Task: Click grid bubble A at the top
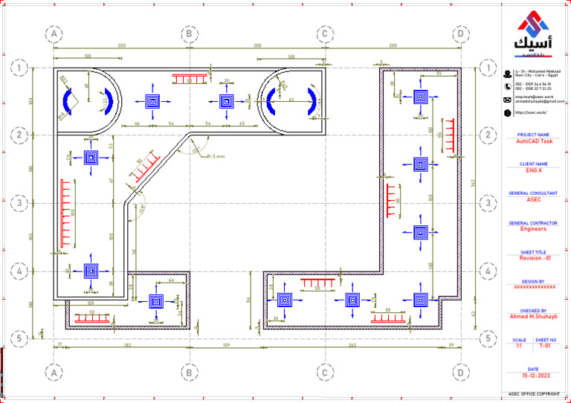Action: [x=53, y=33]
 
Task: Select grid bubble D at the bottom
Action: [x=461, y=371]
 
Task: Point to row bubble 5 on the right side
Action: [x=487, y=338]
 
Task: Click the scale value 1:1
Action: [x=519, y=346]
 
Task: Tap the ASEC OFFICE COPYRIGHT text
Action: [x=534, y=393]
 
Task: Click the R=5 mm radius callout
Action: [x=215, y=157]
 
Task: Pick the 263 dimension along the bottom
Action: [x=352, y=346]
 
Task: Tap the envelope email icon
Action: [x=507, y=99]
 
